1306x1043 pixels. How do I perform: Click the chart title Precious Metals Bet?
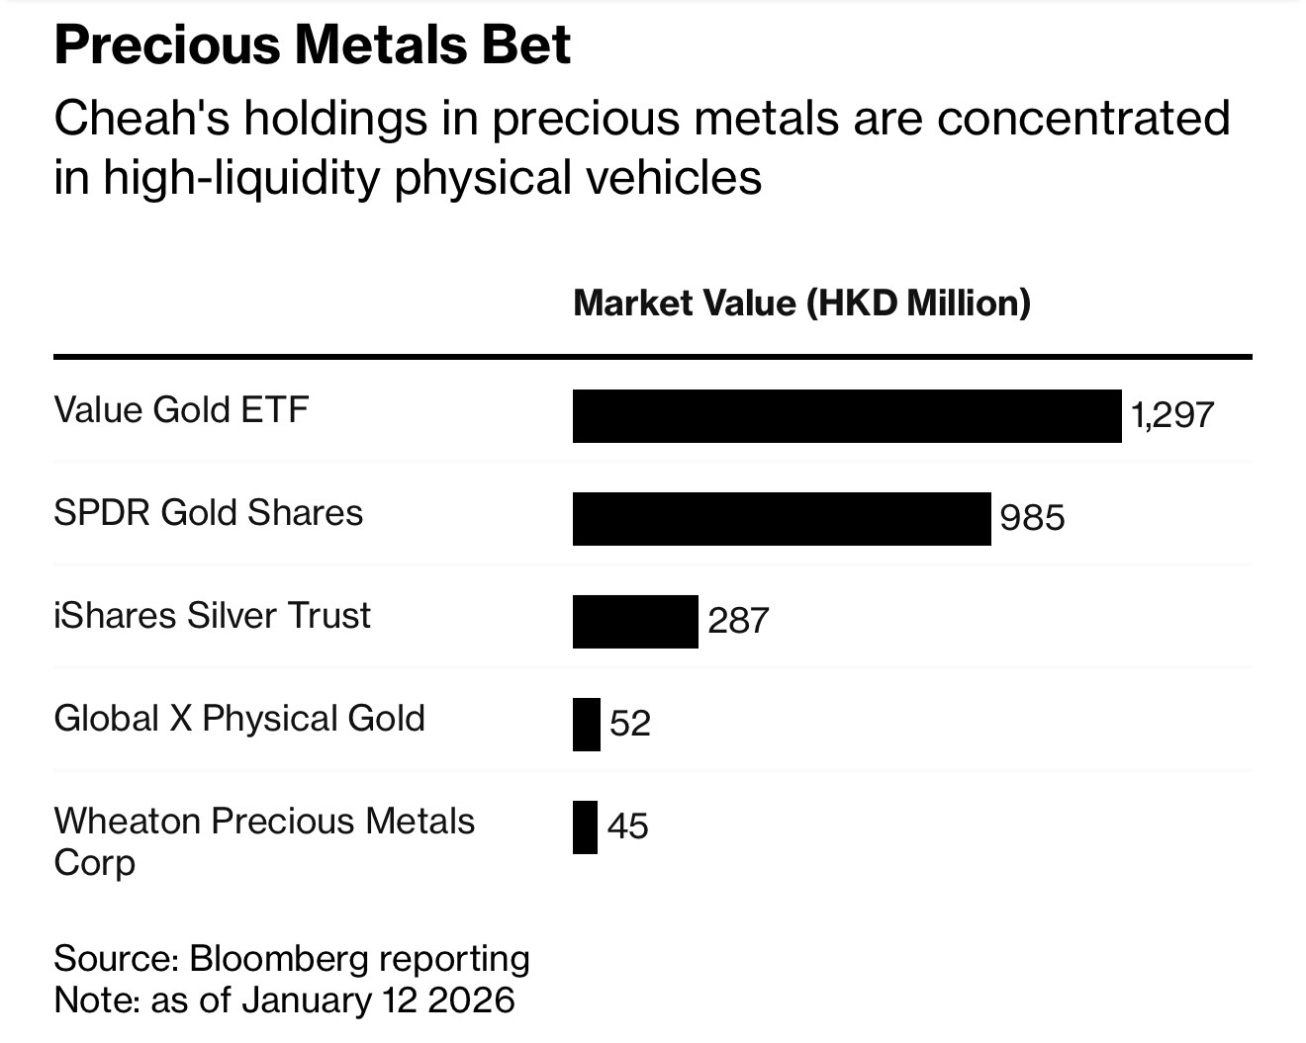click(x=312, y=45)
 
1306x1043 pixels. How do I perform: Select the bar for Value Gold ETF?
click(x=847, y=416)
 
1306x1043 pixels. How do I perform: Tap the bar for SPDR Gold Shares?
click(x=782, y=518)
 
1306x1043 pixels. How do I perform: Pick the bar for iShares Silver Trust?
click(x=635, y=621)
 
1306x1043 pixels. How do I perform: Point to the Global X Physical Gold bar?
click(x=587, y=724)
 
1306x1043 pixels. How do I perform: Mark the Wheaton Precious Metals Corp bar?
click(x=586, y=826)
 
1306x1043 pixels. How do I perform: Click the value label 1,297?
click(x=1172, y=415)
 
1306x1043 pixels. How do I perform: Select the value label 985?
click(x=1032, y=518)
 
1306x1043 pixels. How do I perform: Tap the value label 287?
click(x=738, y=621)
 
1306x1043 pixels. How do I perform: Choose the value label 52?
click(x=630, y=724)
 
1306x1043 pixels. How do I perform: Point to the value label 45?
click(x=628, y=826)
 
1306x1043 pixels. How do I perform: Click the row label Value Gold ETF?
click(x=181, y=409)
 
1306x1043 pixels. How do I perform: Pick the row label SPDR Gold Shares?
click(x=208, y=512)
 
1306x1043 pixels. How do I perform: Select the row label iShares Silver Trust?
click(x=212, y=615)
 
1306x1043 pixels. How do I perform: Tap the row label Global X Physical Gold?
click(x=238, y=718)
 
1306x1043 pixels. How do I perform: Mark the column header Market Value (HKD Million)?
click(x=801, y=303)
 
